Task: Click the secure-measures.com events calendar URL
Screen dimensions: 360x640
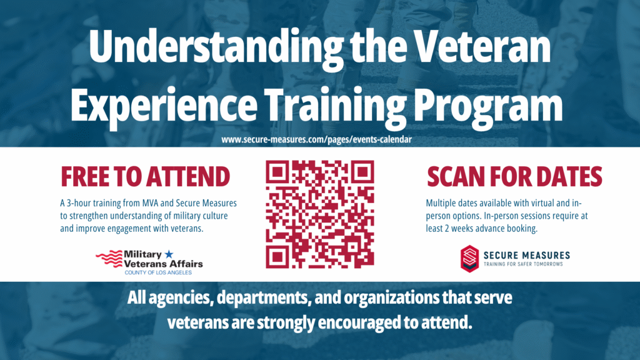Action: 316,139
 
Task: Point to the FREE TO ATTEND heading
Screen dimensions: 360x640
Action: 145,176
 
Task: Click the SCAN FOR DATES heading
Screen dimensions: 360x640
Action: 514,176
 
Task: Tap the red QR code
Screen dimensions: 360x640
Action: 319,213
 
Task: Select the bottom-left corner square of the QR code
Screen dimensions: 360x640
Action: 279,254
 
